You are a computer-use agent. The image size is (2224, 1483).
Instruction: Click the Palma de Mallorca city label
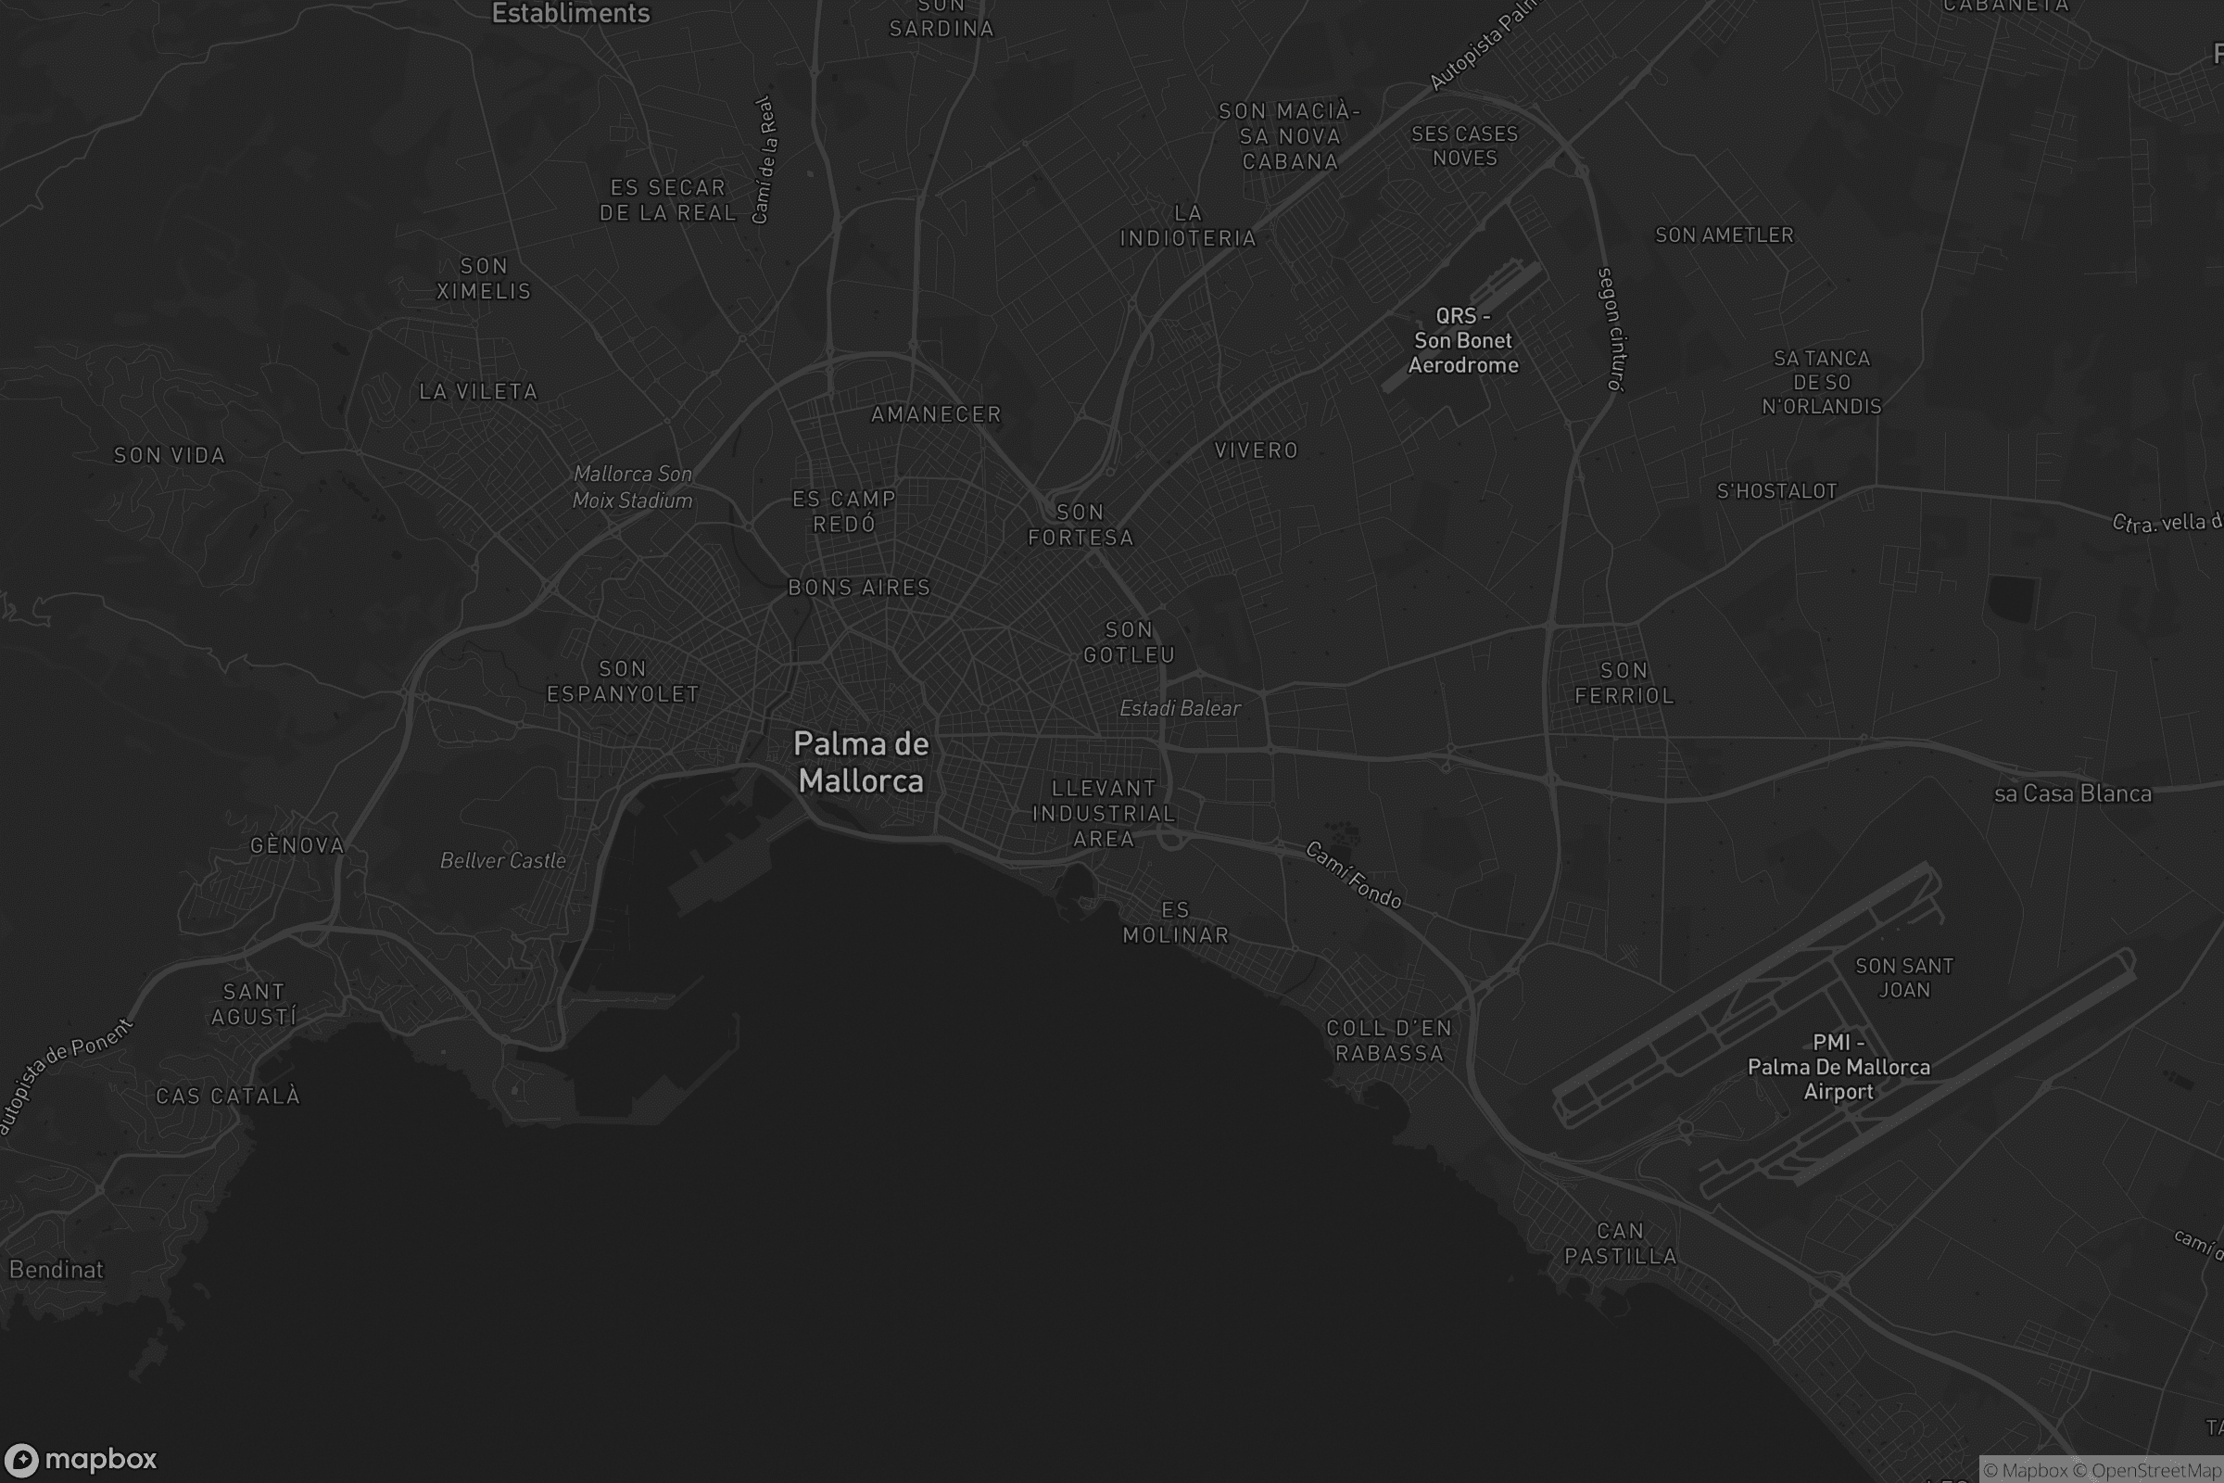coord(861,762)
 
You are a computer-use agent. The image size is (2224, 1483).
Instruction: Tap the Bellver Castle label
coord(503,861)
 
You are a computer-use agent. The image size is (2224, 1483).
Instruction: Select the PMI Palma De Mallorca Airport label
coord(1839,1067)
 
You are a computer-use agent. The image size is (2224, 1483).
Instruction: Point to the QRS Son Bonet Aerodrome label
coord(1463,340)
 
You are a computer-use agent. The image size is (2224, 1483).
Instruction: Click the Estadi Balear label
coord(1179,708)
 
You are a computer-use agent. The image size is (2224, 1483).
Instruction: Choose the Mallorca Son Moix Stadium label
coord(633,488)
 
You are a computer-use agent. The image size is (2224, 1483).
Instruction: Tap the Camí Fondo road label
coord(1353,875)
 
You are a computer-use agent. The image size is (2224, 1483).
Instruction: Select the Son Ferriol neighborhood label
coord(1624,683)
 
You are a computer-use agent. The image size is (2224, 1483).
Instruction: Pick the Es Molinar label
coord(1175,922)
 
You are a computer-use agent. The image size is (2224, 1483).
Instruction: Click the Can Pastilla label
coord(1621,1244)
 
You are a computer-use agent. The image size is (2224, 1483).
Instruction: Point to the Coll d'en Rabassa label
coord(1389,1040)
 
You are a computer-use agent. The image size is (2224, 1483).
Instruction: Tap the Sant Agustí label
coord(253,1005)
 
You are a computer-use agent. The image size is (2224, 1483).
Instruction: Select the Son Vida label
coord(171,456)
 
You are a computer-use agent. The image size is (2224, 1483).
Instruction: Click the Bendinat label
coord(57,1269)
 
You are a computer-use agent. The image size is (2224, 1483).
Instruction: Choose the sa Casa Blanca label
coord(2072,793)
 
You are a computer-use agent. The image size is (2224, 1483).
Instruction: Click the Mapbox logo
coord(80,1459)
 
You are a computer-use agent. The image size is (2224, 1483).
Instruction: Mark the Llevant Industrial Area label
coord(1104,814)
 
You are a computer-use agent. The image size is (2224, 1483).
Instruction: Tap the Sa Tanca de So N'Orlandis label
coord(1821,382)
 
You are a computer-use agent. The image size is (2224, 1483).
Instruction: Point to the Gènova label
coord(297,845)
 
